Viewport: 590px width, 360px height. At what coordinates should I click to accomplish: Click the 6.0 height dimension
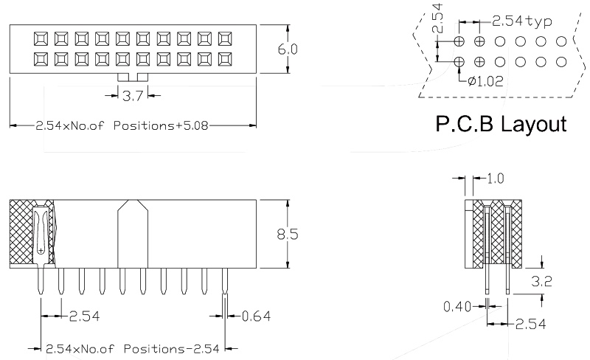pos(287,49)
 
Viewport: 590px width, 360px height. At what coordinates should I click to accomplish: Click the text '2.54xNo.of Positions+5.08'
pos(122,125)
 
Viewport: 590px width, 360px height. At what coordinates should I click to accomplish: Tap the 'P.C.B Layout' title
pos(501,123)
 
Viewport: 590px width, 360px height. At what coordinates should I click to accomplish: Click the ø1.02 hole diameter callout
pos(485,82)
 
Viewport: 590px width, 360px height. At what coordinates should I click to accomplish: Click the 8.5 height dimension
pos(288,235)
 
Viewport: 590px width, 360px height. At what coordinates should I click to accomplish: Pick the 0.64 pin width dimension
pos(256,316)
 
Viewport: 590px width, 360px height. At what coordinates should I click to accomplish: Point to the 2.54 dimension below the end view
pos(530,324)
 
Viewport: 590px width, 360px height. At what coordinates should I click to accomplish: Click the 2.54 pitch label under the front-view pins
pos(84,316)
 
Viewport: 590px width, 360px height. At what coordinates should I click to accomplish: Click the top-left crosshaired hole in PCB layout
pos(459,41)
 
